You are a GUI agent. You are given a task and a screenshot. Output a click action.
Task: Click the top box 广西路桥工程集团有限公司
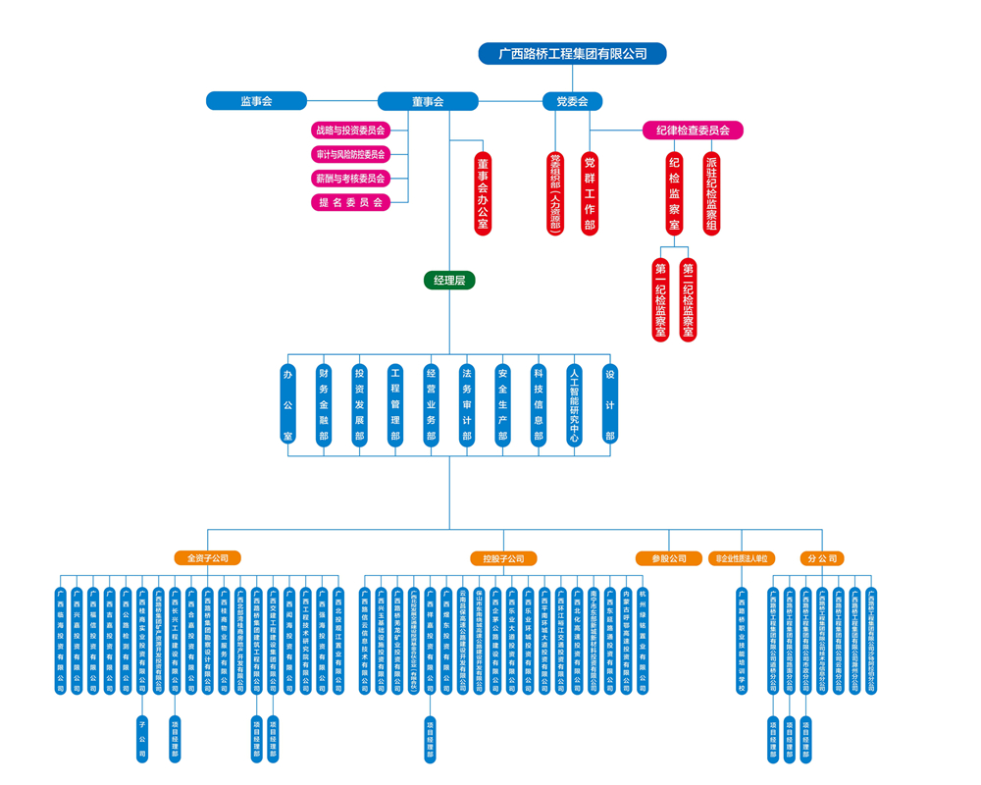(572, 53)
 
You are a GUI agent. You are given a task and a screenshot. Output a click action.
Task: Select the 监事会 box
(256, 100)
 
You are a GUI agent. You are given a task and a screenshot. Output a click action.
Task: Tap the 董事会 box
(428, 101)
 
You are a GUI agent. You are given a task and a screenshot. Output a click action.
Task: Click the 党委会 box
(572, 101)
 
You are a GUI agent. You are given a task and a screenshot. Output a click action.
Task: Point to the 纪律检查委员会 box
(693, 130)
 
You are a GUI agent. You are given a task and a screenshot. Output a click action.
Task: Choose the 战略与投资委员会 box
(350, 130)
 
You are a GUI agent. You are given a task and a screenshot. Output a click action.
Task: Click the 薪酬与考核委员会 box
(350, 179)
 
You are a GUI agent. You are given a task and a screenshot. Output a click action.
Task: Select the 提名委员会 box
(350, 202)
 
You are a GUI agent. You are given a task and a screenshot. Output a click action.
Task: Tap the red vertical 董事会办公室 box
(483, 193)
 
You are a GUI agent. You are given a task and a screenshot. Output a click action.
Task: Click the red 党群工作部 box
(590, 193)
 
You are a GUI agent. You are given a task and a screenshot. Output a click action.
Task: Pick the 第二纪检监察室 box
(689, 300)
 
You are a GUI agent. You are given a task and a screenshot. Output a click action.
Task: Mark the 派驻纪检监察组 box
(711, 193)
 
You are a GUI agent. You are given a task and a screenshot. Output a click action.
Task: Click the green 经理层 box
(449, 281)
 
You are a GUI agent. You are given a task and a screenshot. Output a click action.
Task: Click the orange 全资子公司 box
(207, 558)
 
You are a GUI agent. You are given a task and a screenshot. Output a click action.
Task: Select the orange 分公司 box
(821, 558)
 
